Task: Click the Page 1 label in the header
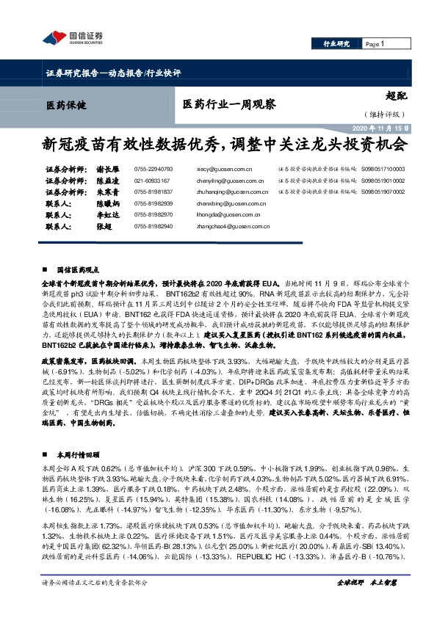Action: click(x=375, y=45)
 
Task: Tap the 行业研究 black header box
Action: click(x=337, y=45)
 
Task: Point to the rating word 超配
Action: click(x=397, y=95)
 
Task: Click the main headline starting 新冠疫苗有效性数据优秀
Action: click(x=218, y=145)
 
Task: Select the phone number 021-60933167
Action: click(x=153, y=180)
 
